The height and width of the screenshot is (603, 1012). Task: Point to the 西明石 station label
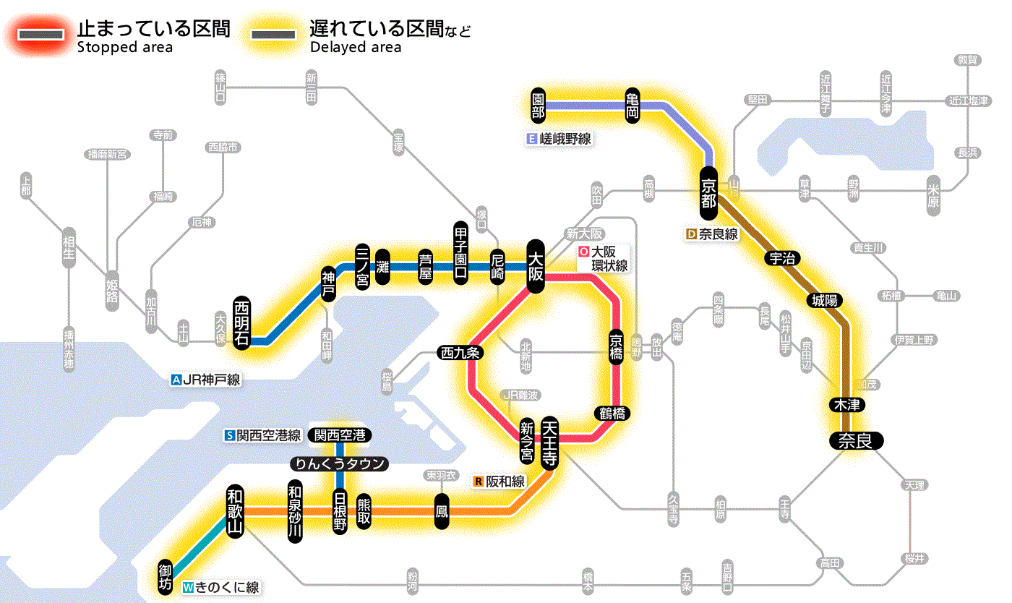tap(241, 322)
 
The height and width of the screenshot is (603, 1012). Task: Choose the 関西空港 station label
tap(339, 435)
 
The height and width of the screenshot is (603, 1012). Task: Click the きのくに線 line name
tap(227, 588)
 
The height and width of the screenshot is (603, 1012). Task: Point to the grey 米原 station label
tap(933, 196)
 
